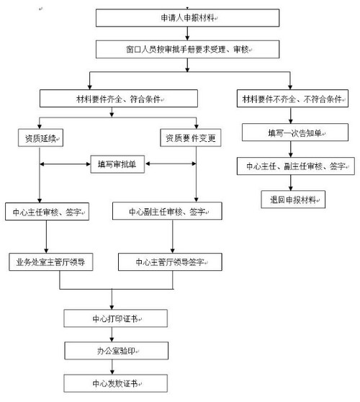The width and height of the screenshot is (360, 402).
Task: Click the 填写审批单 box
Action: coord(119,164)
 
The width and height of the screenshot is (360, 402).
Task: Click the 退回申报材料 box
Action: coord(293,199)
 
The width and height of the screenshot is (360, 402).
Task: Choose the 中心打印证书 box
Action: coord(117,317)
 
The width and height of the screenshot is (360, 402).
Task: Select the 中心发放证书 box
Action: coord(117,382)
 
